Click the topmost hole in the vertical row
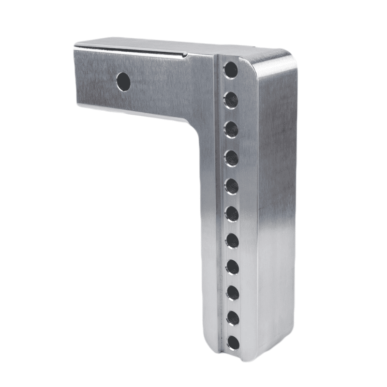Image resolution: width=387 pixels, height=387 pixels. (x=231, y=71)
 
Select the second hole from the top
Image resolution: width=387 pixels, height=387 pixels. (x=231, y=100)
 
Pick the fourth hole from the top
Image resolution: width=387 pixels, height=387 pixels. (x=231, y=157)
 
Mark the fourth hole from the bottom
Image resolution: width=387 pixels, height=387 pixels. (x=232, y=267)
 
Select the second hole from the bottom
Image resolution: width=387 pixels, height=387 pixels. (x=233, y=318)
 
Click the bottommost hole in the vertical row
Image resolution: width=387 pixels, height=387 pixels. (x=233, y=342)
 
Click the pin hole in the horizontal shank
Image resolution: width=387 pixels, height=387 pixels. (x=124, y=81)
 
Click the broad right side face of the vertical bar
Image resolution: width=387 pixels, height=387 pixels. (x=273, y=203)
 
